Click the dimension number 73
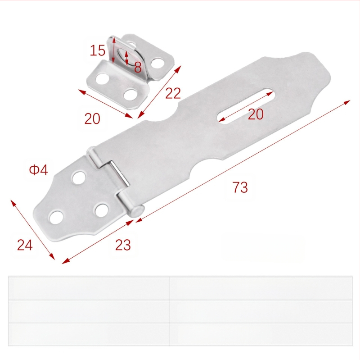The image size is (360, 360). [x=240, y=187]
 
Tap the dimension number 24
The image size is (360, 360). [x=25, y=245]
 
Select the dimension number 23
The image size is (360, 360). [x=123, y=245]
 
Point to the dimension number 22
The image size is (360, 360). [x=173, y=93]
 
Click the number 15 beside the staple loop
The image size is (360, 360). [x=98, y=50]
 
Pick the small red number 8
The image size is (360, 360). [x=138, y=67]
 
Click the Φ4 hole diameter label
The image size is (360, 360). [x=38, y=170]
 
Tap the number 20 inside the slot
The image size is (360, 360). [x=256, y=114]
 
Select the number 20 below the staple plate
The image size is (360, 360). [x=92, y=118]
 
